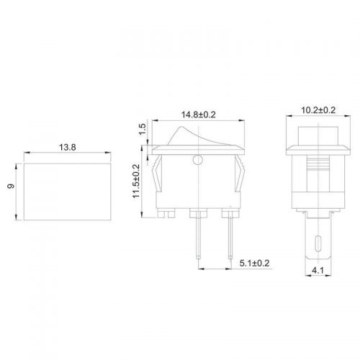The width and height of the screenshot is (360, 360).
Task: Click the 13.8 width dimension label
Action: pos(68,147)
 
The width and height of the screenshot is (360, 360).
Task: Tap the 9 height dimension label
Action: pos(11,186)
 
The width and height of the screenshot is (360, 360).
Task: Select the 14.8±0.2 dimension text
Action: pos(199,114)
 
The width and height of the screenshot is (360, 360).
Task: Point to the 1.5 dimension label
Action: pos(143,129)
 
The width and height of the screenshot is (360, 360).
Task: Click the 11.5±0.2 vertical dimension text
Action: pos(136,181)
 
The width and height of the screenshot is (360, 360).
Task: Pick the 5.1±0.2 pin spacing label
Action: pos(255,263)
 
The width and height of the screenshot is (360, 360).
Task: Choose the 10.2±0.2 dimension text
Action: pos(318,110)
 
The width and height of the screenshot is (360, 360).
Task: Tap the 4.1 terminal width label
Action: pos(318,271)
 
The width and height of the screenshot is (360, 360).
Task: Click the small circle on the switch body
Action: pos(198,160)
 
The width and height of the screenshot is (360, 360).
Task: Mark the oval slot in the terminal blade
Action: pos(318,243)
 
